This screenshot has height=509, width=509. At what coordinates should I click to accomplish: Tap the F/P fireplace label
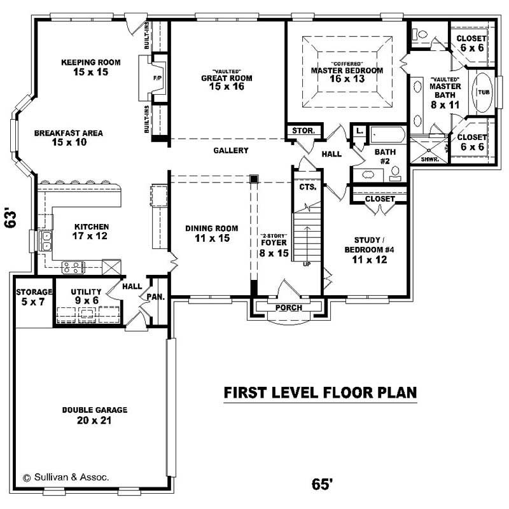pyautogui.click(x=157, y=78)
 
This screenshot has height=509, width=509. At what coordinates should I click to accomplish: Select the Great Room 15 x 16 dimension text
pyautogui.click(x=227, y=87)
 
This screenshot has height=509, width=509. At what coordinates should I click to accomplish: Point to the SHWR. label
pyautogui.click(x=429, y=159)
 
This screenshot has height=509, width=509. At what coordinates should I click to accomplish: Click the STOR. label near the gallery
pyautogui.click(x=303, y=130)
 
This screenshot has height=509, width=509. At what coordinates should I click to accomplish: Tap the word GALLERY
pyautogui.click(x=230, y=151)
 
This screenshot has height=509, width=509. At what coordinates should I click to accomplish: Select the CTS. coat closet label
pyautogui.click(x=308, y=188)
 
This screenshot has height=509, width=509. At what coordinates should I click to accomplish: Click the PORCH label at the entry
pyautogui.click(x=288, y=308)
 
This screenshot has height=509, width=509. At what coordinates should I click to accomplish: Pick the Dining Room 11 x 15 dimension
pyautogui.click(x=211, y=239)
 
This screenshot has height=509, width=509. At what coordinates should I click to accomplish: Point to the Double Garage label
pyautogui.click(x=94, y=410)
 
